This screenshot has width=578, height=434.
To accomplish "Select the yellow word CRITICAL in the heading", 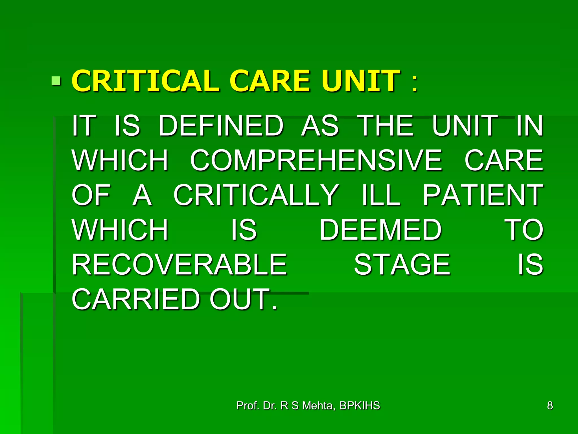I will click(145, 81).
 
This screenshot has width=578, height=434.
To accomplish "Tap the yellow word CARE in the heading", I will click(270, 81).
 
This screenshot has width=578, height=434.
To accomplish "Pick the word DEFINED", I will click(221, 125).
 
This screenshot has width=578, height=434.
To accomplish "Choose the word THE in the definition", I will click(386, 125).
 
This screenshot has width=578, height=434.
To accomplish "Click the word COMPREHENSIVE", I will click(316, 160).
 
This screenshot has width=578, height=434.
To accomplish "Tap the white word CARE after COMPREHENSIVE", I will click(504, 160).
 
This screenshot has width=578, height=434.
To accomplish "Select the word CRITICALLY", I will click(256, 195).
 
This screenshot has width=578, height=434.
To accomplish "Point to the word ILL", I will click(381, 195).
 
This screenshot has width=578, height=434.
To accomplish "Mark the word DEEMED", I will click(380, 230).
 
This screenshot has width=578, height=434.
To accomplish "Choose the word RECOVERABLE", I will click(179, 264).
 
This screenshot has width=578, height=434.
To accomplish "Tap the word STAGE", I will click(402, 264).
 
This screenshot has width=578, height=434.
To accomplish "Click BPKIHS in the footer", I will click(360, 406).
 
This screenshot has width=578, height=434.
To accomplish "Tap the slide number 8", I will click(550, 406).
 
